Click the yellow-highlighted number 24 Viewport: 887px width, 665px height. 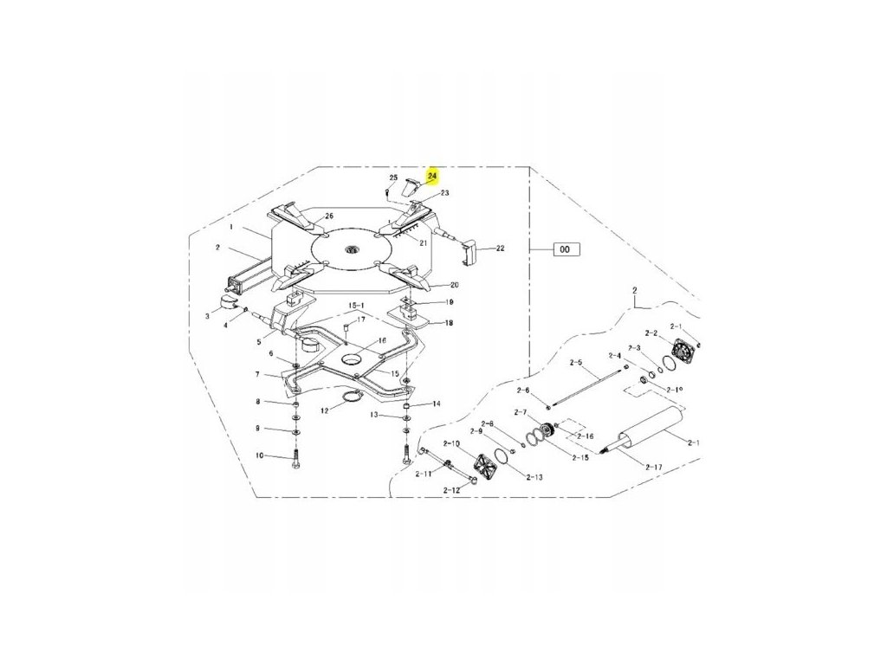coord(433,174)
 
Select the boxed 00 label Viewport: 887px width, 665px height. coord(565,249)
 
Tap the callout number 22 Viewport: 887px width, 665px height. coord(500,249)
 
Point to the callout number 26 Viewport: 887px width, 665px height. coord(328,216)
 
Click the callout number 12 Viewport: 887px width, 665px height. coord(325,410)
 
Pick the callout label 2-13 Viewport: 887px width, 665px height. coord(534,477)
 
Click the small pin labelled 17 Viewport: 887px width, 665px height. coord(346,328)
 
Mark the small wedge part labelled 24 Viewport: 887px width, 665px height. coord(414,182)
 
